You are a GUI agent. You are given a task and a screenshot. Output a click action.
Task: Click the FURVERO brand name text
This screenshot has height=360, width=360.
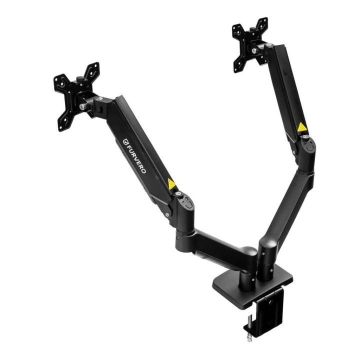point(137,158)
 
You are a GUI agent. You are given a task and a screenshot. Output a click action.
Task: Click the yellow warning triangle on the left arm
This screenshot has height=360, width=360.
point(171,184)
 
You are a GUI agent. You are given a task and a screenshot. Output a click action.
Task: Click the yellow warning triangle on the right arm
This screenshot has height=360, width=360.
point(301,127)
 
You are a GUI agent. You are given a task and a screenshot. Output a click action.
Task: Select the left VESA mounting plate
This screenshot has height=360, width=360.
point(75,96)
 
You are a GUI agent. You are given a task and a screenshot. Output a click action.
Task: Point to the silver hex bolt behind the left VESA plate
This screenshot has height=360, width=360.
point(82,106)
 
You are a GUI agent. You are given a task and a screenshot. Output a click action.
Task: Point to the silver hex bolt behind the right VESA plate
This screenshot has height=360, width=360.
point(253,50)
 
